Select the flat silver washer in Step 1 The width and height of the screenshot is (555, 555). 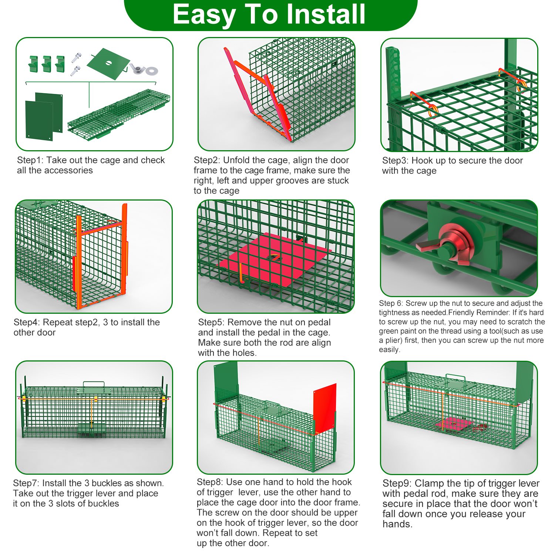point(151,70)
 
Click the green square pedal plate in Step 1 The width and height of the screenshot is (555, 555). point(108,63)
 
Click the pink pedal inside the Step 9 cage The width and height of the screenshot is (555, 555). point(454,424)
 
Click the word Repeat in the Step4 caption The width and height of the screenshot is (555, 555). point(58,322)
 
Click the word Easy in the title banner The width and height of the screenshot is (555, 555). point(204,15)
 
